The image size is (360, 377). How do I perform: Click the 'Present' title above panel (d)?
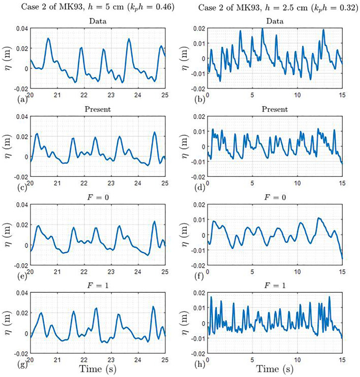(x=275, y=109)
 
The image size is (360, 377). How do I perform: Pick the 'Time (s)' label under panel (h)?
(x=275, y=369)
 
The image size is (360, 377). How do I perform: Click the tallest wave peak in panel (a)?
(x=48, y=38)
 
